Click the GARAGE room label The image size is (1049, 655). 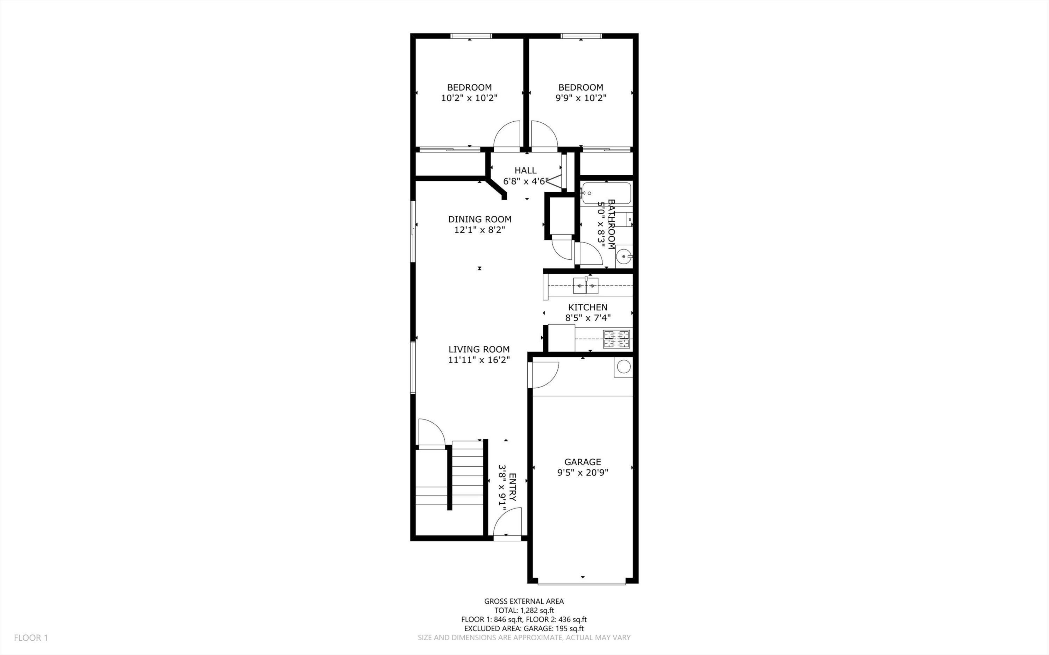(x=582, y=462)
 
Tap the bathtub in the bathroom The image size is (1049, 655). (x=607, y=193)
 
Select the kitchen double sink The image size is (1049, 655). (x=586, y=286)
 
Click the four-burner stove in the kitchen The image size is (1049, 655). (x=617, y=339)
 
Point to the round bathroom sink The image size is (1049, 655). (x=623, y=257)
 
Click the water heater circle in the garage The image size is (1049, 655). (x=623, y=367)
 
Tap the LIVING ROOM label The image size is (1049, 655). (x=479, y=349)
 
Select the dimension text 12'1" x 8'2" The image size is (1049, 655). (x=480, y=230)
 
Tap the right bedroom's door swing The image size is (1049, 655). (x=543, y=135)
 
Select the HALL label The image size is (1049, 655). (x=525, y=170)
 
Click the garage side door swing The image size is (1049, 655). (x=544, y=375)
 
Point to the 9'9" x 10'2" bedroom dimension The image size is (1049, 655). (x=580, y=98)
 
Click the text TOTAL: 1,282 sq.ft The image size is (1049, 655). (x=524, y=610)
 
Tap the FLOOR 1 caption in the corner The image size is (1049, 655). (x=31, y=638)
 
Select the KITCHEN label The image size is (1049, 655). (x=587, y=307)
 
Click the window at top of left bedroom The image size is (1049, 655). (x=471, y=36)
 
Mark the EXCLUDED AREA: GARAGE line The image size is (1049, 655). (x=524, y=628)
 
